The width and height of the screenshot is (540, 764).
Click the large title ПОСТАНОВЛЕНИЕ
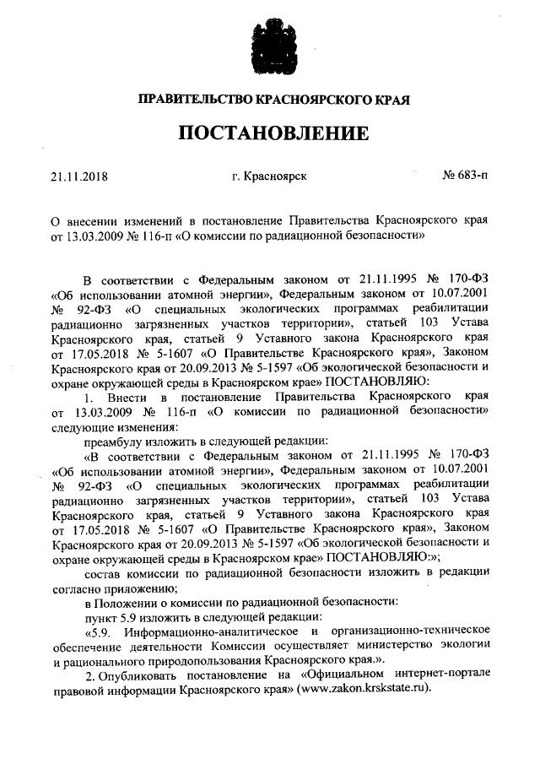tap(271, 134)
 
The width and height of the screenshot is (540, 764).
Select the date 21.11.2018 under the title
tap(80, 178)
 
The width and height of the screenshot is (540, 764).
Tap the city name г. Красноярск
tap(269, 178)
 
